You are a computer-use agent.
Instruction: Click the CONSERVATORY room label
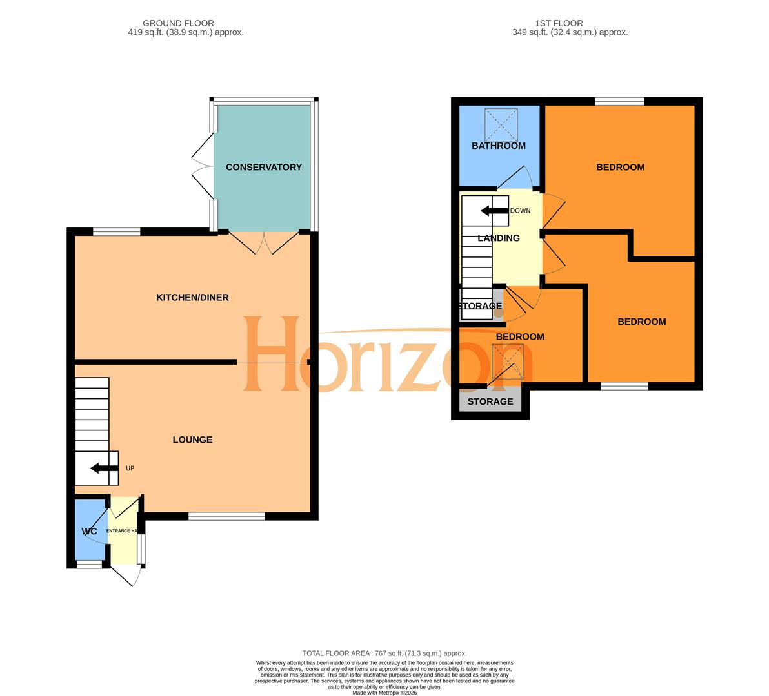click(x=263, y=167)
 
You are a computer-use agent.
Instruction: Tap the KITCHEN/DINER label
click(x=192, y=297)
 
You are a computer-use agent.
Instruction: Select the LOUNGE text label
click(x=192, y=440)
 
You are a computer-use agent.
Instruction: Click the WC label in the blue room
click(x=89, y=531)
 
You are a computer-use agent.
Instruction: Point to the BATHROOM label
click(x=498, y=146)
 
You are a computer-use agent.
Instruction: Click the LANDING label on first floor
click(x=498, y=238)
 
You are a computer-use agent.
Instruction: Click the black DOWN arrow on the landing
click(x=494, y=211)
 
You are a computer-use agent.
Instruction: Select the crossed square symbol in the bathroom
click(x=501, y=124)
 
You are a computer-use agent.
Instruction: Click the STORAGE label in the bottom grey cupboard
click(x=490, y=401)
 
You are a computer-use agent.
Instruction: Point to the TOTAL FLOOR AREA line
click(x=384, y=653)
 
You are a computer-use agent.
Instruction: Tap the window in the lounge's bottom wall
click(x=226, y=516)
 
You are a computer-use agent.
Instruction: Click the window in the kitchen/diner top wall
click(x=117, y=231)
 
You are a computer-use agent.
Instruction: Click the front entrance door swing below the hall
click(x=127, y=575)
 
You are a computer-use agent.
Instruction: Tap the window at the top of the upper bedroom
click(x=619, y=101)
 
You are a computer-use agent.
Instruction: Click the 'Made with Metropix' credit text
click(x=384, y=693)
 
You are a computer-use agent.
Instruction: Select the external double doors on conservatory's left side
click(x=203, y=166)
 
